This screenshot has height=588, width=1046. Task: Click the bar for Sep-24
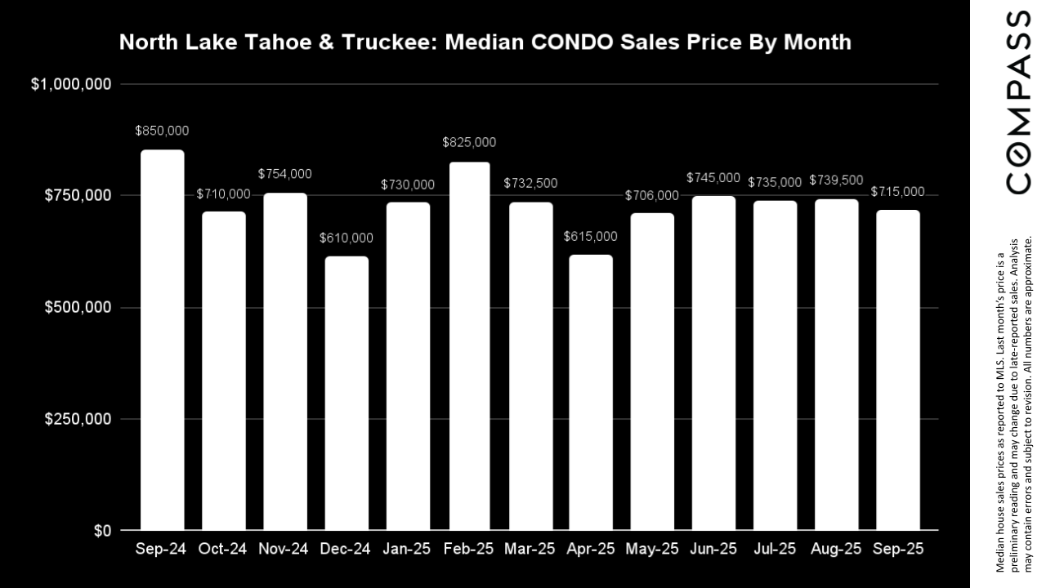pos(163,340)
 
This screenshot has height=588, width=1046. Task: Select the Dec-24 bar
pos(346,393)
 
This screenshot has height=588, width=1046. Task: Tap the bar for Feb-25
pos(469,345)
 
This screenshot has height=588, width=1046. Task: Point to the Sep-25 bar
pos(898,370)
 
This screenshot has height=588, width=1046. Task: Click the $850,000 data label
pos(163,131)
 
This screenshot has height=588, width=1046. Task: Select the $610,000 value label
pos(346,238)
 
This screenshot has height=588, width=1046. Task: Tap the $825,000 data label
pos(469,142)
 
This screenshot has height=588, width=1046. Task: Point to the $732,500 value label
pos(530,185)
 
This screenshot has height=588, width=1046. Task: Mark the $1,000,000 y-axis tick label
pos(71,84)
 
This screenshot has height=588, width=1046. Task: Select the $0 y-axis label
pos(102,531)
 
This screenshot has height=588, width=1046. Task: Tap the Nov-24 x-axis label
pos(285,549)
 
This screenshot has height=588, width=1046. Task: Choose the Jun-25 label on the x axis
pos(714,549)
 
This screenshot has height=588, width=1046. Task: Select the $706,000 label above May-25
pos(652,195)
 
